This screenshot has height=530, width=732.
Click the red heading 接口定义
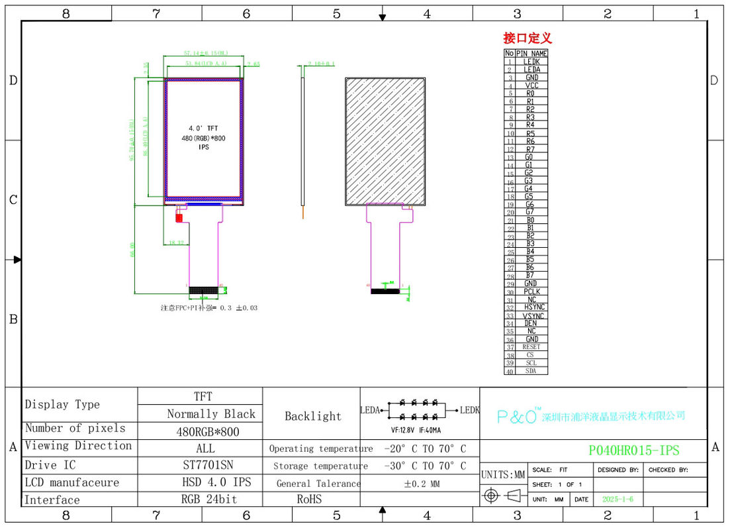pyautogui.click(x=527, y=38)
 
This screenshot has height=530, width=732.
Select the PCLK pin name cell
pyautogui.click(x=531, y=291)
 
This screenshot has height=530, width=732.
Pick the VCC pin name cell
pyautogui.click(x=531, y=85)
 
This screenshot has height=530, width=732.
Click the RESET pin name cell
pyautogui.click(x=531, y=347)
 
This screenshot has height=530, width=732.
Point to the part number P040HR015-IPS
pyautogui.click(x=633, y=450)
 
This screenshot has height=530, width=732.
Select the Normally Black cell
pyautogui.click(x=210, y=414)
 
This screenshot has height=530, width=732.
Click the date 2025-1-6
pyautogui.click(x=617, y=500)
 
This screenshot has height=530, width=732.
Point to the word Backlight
pyautogui.click(x=312, y=416)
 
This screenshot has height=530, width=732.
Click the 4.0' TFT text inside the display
pyautogui.click(x=203, y=128)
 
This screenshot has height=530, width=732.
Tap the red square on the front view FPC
pyautogui.click(x=179, y=217)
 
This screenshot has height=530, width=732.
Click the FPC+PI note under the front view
pyautogui.click(x=208, y=308)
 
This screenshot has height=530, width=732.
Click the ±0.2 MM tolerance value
pyautogui.click(x=422, y=484)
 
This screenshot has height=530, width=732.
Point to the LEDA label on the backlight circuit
pyautogui.click(x=369, y=410)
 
